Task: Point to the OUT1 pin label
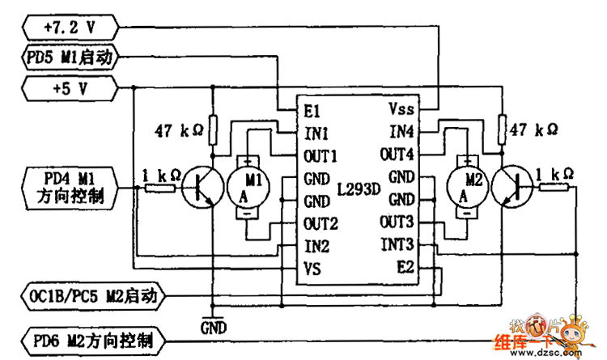320,154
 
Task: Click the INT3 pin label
398,244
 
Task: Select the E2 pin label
405,266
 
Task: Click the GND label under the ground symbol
213,328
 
